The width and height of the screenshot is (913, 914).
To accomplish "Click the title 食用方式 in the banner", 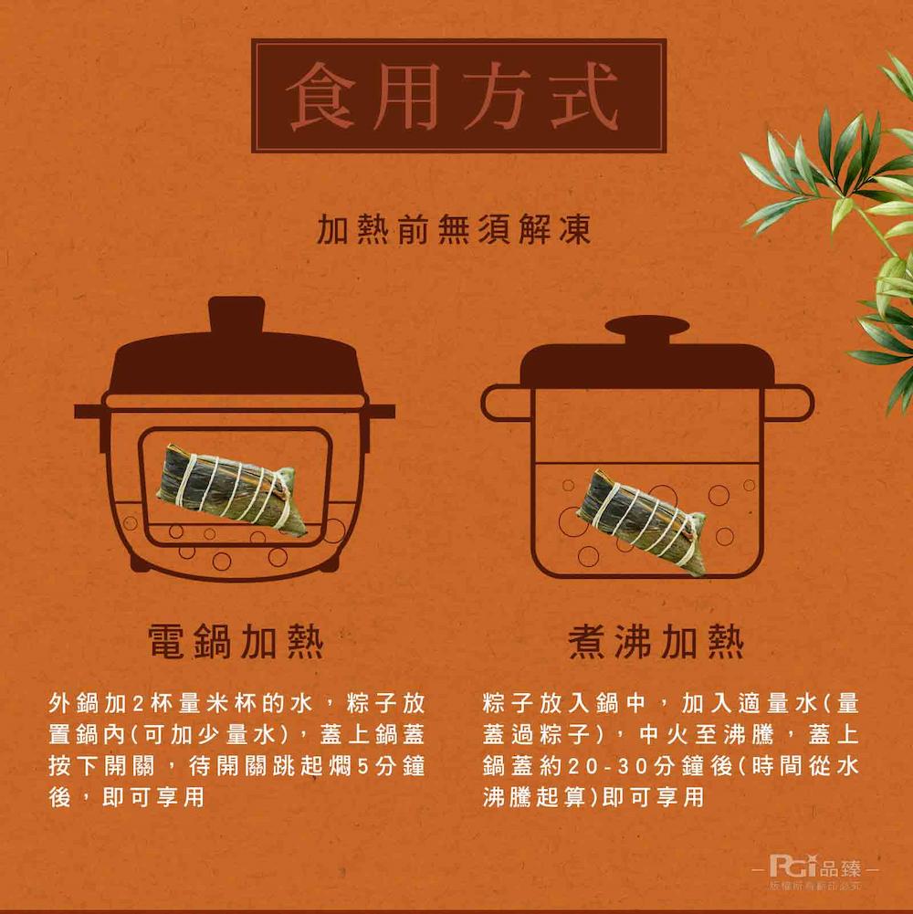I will [457, 96].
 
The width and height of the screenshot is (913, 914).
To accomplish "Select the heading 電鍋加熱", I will [236, 642].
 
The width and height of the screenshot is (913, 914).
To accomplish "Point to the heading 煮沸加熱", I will [656, 642].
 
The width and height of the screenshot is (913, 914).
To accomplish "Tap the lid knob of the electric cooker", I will [236, 316].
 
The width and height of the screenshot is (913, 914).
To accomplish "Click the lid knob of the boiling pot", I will [646, 328].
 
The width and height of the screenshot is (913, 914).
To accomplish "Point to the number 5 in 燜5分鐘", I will [362, 765].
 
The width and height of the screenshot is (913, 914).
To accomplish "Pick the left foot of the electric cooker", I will [140, 563].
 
